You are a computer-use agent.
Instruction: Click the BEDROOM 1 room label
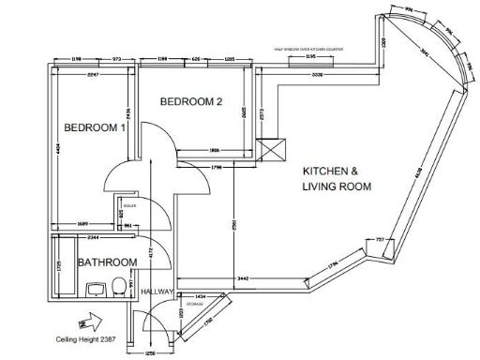point(94,127)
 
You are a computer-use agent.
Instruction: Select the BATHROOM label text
point(107,262)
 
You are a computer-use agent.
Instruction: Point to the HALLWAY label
point(157,292)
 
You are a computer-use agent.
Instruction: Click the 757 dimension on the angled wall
point(381,241)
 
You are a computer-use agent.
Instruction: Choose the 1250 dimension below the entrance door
point(148,354)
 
